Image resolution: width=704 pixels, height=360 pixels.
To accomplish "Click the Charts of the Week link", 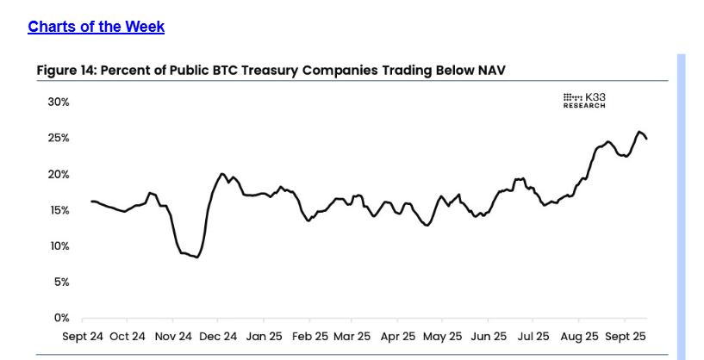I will [96, 27].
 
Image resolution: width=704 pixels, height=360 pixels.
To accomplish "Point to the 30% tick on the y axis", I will [58, 102].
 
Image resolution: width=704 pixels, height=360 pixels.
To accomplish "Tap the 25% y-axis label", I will [58, 138].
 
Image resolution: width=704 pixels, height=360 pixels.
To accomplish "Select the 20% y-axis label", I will [58, 174].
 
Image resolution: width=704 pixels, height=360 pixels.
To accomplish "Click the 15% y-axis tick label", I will [58, 210].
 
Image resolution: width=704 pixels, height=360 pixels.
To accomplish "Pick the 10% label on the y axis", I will [58, 246].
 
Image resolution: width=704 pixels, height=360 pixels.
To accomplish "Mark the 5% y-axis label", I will [60, 282].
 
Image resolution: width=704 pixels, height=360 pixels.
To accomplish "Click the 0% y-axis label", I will [60, 318].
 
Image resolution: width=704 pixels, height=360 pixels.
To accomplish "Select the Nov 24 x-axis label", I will [172, 336].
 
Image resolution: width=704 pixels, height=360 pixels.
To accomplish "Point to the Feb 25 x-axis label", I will [307, 336].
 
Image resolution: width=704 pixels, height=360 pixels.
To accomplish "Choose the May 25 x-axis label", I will [442, 336].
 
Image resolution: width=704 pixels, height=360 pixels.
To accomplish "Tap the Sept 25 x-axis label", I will [625, 336].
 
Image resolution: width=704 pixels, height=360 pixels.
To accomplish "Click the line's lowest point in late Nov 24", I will [197, 257].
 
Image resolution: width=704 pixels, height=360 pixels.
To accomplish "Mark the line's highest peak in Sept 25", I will [639, 132].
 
